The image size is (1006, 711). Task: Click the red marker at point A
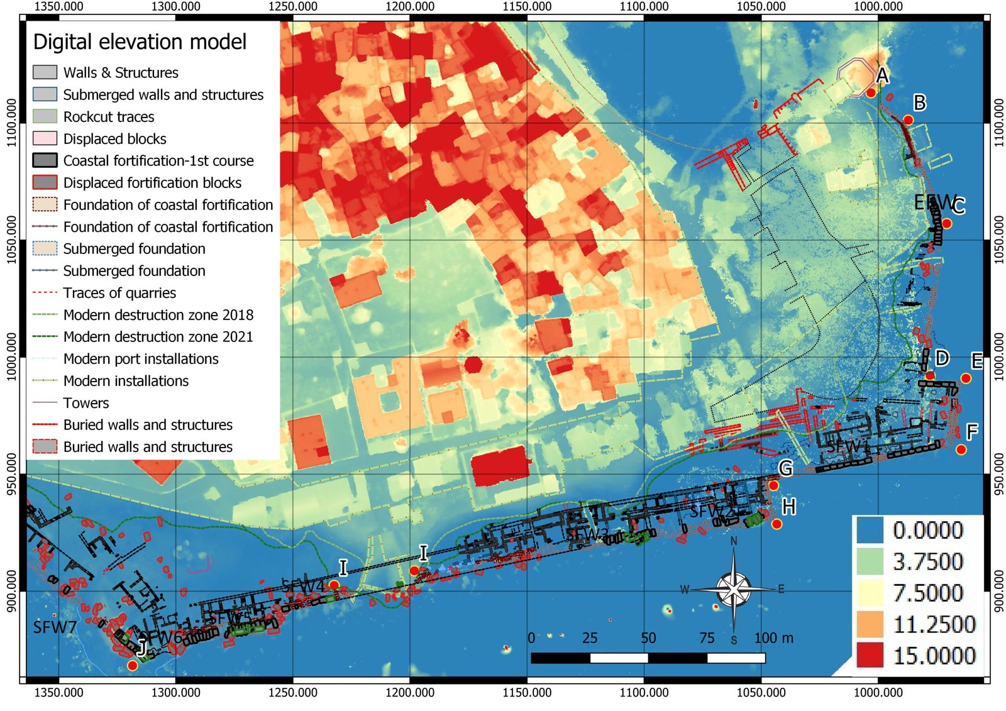[871, 92]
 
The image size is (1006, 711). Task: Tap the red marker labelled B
[908, 119]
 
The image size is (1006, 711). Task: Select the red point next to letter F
[961, 449]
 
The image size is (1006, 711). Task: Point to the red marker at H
[777, 524]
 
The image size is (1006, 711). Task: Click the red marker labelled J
[132, 665]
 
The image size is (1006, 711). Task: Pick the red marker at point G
[773, 485]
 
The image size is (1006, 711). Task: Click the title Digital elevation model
[140, 42]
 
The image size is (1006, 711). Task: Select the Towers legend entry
[86, 403]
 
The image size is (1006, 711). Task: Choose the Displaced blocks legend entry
[114, 139]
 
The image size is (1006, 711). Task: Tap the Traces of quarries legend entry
[119, 293]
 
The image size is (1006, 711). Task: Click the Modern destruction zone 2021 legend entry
[158, 337]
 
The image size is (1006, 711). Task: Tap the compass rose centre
[733, 589]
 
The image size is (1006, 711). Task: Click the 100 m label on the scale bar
[773, 638]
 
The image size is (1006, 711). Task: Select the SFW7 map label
[55, 627]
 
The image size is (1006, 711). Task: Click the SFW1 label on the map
[847, 447]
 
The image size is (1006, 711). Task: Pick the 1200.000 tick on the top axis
[410, 7]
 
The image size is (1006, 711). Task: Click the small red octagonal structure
[473, 364]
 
